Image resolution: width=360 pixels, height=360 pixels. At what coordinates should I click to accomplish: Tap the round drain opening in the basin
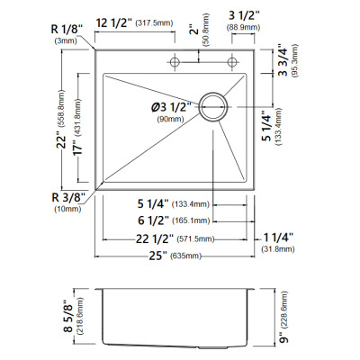(213, 93)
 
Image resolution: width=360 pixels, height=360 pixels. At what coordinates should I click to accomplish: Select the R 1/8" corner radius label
(67, 30)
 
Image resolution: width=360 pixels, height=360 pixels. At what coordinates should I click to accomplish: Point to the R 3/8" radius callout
(68, 198)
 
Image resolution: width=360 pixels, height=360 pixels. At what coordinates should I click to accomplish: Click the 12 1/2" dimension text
(114, 22)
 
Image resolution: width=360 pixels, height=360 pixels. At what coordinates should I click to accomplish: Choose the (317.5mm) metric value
(155, 23)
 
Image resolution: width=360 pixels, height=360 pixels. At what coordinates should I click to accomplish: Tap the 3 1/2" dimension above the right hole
(244, 15)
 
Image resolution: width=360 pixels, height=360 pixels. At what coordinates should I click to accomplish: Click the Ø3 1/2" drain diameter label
(171, 107)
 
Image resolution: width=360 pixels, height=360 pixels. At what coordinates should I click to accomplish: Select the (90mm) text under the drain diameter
(170, 119)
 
